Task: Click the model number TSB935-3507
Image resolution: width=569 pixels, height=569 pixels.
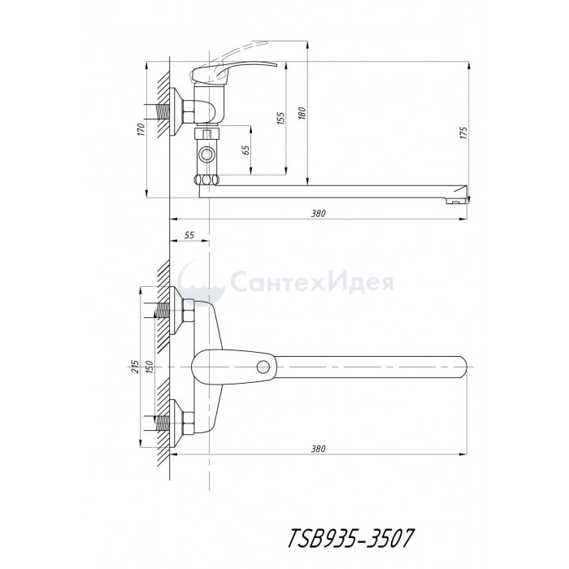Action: click(350, 537)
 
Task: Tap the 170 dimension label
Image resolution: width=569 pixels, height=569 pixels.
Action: click(141, 129)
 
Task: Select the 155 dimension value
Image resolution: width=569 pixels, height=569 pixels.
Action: click(281, 119)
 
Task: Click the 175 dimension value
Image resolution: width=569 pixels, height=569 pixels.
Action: click(463, 132)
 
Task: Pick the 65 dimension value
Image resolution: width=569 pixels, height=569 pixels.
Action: click(245, 150)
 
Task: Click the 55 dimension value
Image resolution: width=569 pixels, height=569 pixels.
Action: click(189, 235)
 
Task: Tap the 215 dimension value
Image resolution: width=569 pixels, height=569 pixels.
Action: click(135, 367)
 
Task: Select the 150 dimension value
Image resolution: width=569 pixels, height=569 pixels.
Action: click(150, 367)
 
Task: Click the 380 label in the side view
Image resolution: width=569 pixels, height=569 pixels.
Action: click(319, 213)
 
